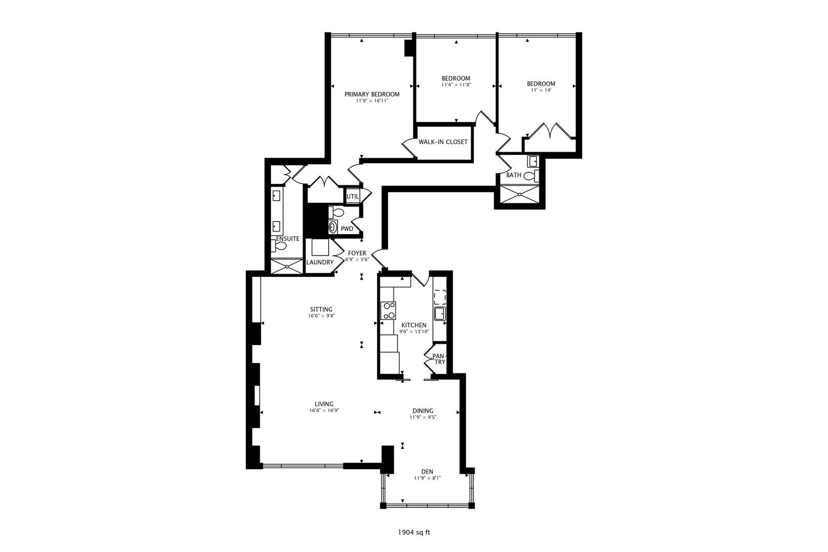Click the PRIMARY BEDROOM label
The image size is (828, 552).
(372, 94)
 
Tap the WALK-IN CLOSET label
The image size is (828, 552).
(443, 142)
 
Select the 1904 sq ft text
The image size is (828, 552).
(414, 533)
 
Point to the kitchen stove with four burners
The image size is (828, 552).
(388, 311)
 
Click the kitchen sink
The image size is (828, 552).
(440, 313)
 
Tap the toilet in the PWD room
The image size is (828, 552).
(336, 212)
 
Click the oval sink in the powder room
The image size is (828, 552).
(333, 226)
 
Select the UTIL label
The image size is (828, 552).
(353, 197)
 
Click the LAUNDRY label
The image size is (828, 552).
(320, 262)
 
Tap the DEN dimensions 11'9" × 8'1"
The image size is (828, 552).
(427, 478)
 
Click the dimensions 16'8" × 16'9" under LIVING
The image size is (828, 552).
(324, 410)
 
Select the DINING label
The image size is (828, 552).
(423, 411)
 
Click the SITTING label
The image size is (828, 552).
(321, 309)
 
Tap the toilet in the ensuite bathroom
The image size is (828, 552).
(279, 245)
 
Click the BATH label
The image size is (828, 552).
(514, 175)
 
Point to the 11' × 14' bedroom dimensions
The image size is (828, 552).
(541, 90)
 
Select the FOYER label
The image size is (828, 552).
(357, 254)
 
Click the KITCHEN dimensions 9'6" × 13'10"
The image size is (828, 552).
(414, 332)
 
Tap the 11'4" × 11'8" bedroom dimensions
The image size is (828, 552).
(456, 85)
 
